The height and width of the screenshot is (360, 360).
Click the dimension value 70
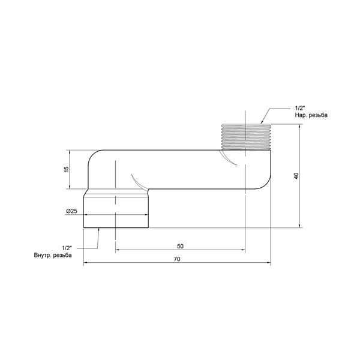tap(177, 259)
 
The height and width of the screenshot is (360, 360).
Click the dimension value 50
tap(180, 246)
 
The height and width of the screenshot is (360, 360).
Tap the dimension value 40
tap(296, 176)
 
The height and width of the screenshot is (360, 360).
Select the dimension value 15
tap(66, 169)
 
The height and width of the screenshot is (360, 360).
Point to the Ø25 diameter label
tap(71, 211)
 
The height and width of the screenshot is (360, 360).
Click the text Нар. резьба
tap(311, 115)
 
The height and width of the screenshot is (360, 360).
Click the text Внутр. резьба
tap(53, 255)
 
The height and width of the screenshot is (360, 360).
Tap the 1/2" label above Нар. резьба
tap(299, 108)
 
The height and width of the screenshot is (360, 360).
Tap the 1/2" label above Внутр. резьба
tap(67, 248)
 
